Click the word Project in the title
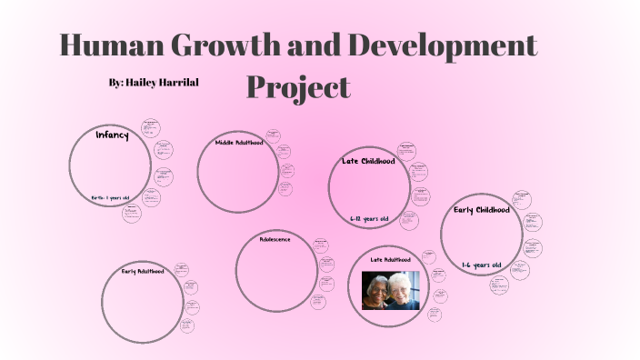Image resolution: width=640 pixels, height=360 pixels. coord(298,87)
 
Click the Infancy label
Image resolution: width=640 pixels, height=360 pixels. coord(112,135)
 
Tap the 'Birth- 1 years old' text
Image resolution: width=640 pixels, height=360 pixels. coord(110,197)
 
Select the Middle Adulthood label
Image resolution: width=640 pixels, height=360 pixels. coord(238,143)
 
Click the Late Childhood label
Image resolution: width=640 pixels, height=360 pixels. coord(368,161)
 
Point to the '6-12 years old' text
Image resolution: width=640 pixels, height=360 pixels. coord(369,219)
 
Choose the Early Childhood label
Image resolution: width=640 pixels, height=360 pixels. coord(486,210)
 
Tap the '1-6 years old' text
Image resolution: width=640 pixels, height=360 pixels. coord(481,265)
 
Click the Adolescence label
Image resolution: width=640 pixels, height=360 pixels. coord(275,240)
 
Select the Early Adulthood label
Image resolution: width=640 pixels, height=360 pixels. coord(144,271)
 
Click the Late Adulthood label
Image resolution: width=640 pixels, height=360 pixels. coord(390,259)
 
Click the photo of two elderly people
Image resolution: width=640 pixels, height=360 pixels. coord(391,290)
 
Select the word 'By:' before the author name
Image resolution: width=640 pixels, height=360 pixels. coord(116,83)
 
